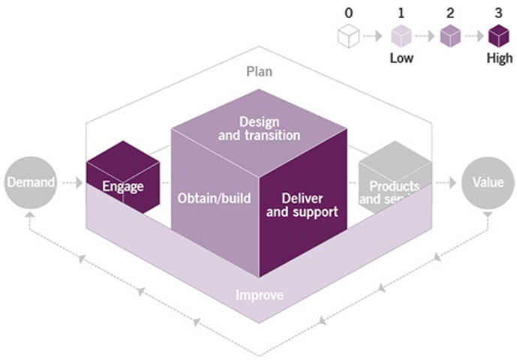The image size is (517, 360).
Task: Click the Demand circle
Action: tap(31, 182)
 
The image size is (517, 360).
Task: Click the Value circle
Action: tap(488, 182)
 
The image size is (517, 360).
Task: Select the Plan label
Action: tap(259, 72)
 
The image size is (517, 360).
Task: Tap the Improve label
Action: tap(260, 295)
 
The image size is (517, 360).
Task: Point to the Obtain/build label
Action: tap(215, 199)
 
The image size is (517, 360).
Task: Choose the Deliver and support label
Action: tap(302, 205)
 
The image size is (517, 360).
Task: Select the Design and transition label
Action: tap(259, 128)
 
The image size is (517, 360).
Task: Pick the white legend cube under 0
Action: tap(349, 35)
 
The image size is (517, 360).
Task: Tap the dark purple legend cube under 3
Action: tap(498, 35)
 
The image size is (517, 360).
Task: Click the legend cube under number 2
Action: tap(449, 35)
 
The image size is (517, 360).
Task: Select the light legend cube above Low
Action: tap(401, 35)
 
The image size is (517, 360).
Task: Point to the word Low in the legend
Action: tap(401, 58)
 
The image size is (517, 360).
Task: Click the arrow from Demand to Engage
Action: tap(71, 182)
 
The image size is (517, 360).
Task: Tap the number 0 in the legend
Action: tap(348, 12)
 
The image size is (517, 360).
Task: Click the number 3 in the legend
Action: tap(498, 12)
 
